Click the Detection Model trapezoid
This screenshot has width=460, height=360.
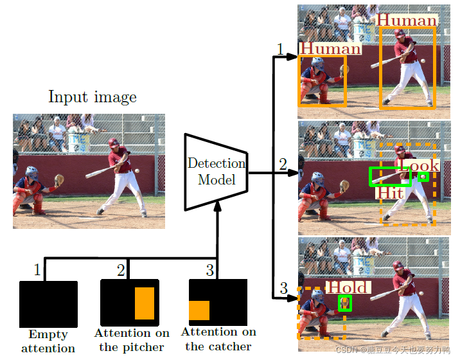coord(216,172)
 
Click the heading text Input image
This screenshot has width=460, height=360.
coord(93,98)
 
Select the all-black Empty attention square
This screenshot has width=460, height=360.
coord(48,304)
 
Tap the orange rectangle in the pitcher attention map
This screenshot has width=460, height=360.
coord(145,303)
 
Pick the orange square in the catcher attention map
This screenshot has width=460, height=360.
coord(199,310)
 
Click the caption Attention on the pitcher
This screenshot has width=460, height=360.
coord(132,340)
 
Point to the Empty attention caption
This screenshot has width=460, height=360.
coord(48,341)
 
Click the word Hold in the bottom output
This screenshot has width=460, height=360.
coord(348,287)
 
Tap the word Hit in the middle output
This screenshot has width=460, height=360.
coord(389,193)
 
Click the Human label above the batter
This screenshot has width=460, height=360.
coord(406,21)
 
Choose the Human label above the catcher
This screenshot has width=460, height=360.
coord(330,48)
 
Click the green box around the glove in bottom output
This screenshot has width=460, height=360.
coord(345,303)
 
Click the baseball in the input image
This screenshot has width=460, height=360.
coord(136,171)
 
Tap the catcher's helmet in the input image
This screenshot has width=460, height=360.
coord(31,173)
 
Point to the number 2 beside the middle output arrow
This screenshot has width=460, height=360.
coord(283,164)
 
